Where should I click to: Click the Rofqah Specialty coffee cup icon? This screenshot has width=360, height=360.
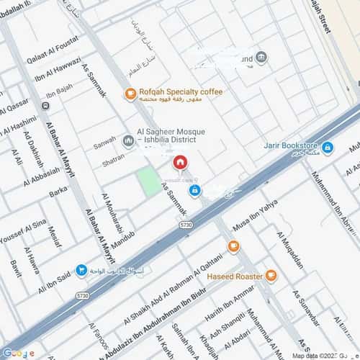130,92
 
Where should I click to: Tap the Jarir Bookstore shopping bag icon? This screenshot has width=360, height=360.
328,148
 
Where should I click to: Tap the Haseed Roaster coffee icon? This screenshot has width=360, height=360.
270,275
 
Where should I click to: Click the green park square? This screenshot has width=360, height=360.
148,181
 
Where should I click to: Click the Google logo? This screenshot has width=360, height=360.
17,352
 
